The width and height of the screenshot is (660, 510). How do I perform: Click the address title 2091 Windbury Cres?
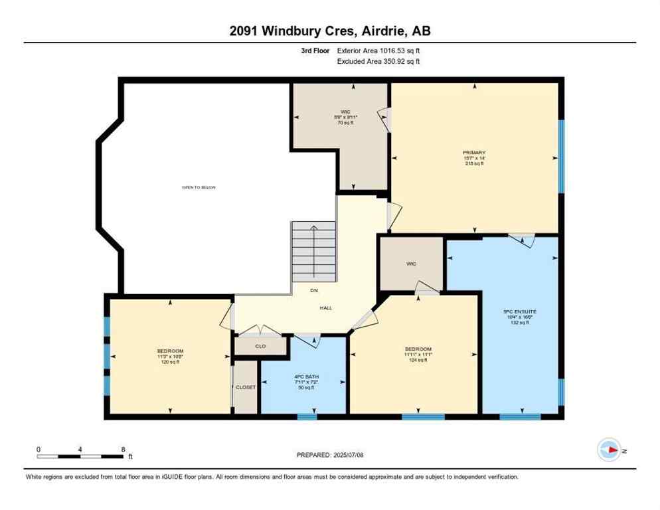[x=329, y=31]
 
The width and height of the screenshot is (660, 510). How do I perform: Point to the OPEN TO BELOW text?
[x=199, y=187]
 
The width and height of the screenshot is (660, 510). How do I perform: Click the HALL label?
[x=325, y=307]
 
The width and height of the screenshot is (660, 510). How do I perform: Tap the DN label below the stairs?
[x=314, y=290]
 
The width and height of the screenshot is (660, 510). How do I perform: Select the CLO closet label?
[x=260, y=346]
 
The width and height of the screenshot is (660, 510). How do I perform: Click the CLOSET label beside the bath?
[x=246, y=387]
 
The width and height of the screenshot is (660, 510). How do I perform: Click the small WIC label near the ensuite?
[x=411, y=264]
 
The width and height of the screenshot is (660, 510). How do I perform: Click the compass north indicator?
[x=610, y=450]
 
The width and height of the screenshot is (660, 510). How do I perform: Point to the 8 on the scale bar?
[x=123, y=450]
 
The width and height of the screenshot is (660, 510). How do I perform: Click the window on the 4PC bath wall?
[x=307, y=417]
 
